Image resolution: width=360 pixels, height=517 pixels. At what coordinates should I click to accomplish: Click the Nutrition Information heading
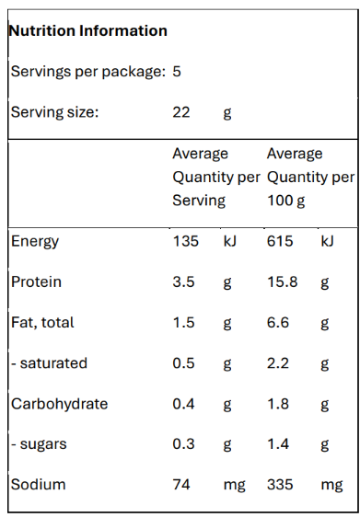pyautogui.click(x=87, y=30)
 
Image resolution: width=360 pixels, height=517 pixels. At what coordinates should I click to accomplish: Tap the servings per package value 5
pyautogui.click(x=177, y=71)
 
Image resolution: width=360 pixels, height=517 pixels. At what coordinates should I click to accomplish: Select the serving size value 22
pyautogui.click(x=181, y=112)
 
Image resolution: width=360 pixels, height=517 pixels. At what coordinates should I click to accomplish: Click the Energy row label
pyautogui.click(x=35, y=242)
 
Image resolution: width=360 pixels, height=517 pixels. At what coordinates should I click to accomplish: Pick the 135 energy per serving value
pyautogui.click(x=185, y=241)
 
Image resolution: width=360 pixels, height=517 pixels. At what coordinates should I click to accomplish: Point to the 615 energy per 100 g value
pyautogui.click(x=280, y=241)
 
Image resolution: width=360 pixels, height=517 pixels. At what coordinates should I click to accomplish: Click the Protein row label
pyautogui.click(x=36, y=281)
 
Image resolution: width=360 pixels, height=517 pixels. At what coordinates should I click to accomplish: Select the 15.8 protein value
pyautogui.click(x=282, y=281)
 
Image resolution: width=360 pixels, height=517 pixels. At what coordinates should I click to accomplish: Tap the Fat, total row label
pyautogui.click(x=42, y=323)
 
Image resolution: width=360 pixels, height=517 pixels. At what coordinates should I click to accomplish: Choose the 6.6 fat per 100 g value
pyautogui.click(x=278, y=323)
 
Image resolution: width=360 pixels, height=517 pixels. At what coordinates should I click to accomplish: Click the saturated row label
pyautogui.click(x=49, y=363)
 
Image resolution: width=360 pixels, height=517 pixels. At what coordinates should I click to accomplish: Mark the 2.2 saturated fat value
pyautogui.click(x=278, y=363)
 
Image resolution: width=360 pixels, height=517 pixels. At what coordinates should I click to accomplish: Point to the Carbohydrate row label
pyautogui.click(x=60, y=404)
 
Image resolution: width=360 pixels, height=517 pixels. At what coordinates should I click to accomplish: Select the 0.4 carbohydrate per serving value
pyautogui.click(x=183, y=404)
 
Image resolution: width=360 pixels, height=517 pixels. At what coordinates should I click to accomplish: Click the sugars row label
pyautogui.click(x=39, y=445)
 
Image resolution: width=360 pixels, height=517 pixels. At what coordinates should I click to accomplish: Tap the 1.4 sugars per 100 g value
pyautogui.click(x=278, y=444)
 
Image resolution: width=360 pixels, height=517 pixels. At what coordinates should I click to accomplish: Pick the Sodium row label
pyautogui.click(x=38, y=485)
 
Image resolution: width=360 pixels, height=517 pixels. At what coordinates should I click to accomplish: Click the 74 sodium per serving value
pyautogui.click(x=181, y=485)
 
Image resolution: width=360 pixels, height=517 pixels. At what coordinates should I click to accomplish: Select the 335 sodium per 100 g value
pyautogui.click(x=280, y=485)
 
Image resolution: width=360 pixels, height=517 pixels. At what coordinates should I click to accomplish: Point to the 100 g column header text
pyautogui.click(x=285, y=201)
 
